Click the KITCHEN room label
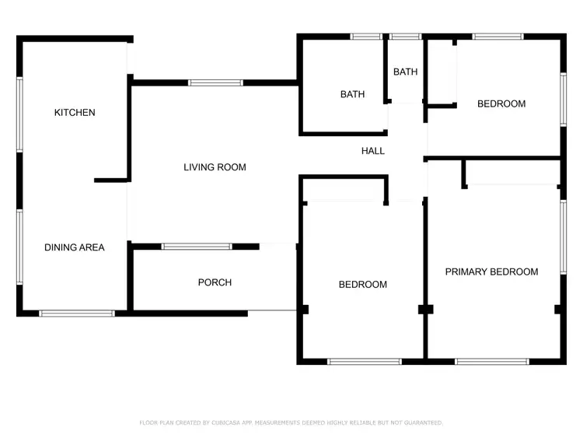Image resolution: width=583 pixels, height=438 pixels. (75, 113)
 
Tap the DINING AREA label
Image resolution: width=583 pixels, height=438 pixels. (74, 247)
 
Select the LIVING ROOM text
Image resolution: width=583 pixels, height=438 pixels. (215, 167)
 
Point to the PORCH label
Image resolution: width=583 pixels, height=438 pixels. (215, 282)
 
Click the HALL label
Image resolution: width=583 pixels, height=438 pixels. (373, 151)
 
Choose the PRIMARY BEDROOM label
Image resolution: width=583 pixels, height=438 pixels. (491, 272)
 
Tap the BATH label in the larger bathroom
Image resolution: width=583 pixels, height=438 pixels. (352, 95)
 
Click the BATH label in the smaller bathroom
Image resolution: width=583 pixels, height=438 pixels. (405, 72)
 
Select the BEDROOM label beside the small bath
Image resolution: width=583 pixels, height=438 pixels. (501, 103)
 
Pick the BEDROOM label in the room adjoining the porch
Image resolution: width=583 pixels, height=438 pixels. (362, 285)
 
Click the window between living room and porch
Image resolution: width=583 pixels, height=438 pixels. (197, 247)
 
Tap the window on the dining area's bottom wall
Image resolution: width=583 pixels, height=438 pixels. (77, 314)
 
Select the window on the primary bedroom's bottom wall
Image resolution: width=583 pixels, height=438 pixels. (492, 361)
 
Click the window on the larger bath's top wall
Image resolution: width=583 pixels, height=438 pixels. (366, 36)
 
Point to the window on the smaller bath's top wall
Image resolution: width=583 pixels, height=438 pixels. (404, 36)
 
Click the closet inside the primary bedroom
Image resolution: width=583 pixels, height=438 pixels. (512, 173)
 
